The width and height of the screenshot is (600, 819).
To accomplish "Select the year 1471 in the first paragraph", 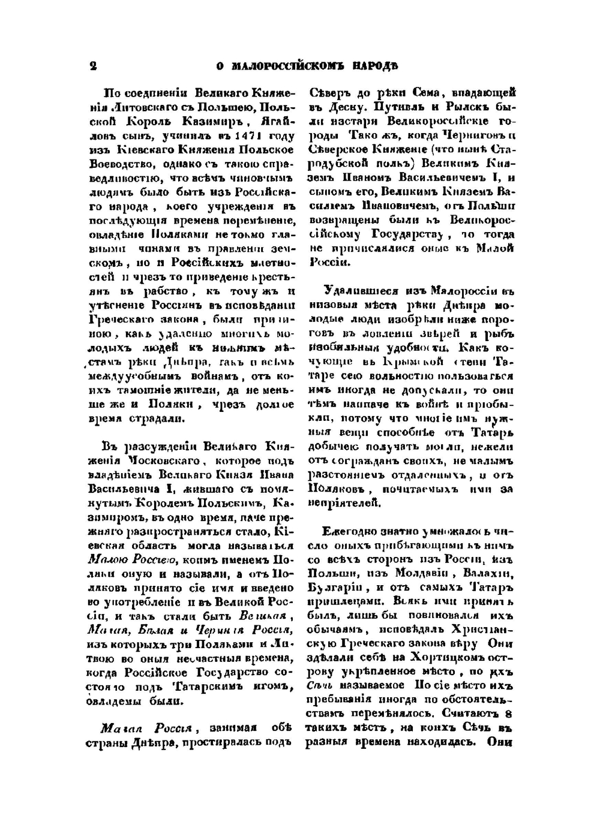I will [232, 136].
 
